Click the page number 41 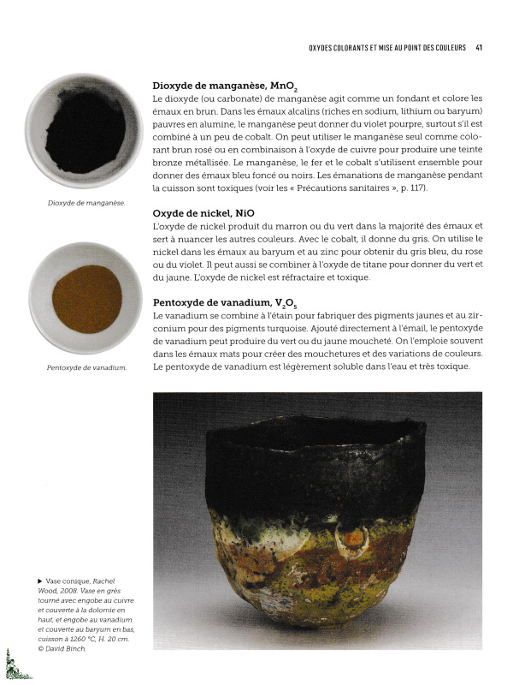click(x=480, y=47)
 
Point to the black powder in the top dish click(x=85, y=132)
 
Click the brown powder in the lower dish click(x=86, y=299)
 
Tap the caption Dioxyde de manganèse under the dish click(x=86, y=203)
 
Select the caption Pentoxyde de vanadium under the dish click(x=86, y=368)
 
